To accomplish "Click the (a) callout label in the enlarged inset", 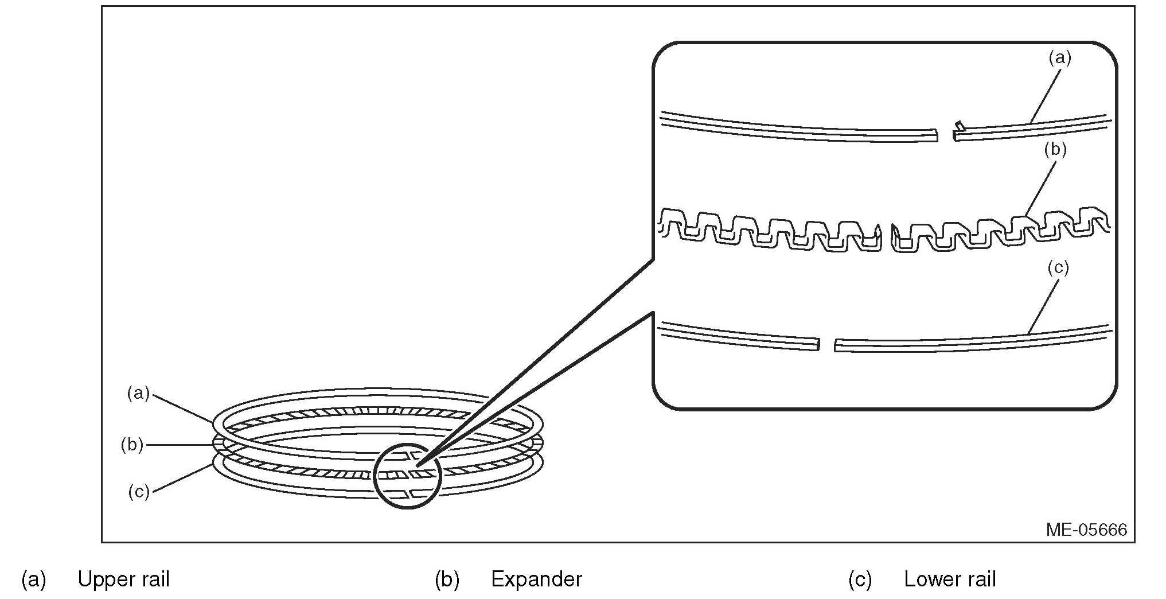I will [1059, 58].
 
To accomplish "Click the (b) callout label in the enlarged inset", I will [1055, 150].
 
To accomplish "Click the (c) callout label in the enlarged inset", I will [1058, 268].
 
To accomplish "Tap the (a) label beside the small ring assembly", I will [138, 393].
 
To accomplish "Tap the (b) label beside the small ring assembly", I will [132, 445].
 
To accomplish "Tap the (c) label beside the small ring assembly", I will [138, 492].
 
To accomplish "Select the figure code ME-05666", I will [1086, 529].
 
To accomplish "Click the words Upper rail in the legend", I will [123, 579].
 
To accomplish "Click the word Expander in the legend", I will [536, 579].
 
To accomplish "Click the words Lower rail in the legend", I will [950, 579].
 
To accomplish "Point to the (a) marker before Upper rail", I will [33, 579].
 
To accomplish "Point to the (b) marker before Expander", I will [447, 579].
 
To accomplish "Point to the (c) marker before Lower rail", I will [860, 579].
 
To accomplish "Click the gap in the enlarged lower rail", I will [826, 345].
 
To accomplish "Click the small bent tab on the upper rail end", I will [958, 125].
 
